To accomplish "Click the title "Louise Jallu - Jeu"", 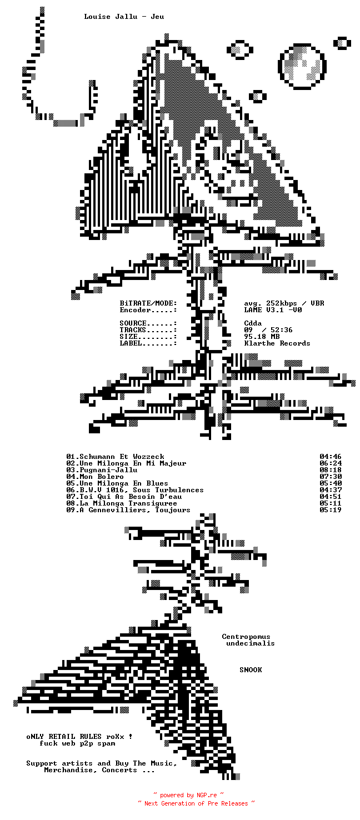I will (124, 17).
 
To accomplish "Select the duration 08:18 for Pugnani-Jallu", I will (331, 470).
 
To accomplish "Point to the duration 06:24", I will (331, 463).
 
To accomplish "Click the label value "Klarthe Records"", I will (277, 343).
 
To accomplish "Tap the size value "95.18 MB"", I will (262, 337).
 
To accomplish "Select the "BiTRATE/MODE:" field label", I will (148, 303).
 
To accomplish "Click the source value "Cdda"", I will (253, 323).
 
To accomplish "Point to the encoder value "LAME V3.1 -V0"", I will (273, 310).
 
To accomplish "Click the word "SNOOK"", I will (251, 670).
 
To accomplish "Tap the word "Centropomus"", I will (246, 637).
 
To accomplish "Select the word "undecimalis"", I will (251, 643).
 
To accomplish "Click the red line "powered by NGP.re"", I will (188, 796).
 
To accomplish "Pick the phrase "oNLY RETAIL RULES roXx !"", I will (79, 737).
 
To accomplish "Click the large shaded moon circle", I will (302, 66).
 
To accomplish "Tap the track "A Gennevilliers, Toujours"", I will (128, 510).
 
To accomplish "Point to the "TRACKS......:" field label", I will (148, 330).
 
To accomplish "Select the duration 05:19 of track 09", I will (331, 510).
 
